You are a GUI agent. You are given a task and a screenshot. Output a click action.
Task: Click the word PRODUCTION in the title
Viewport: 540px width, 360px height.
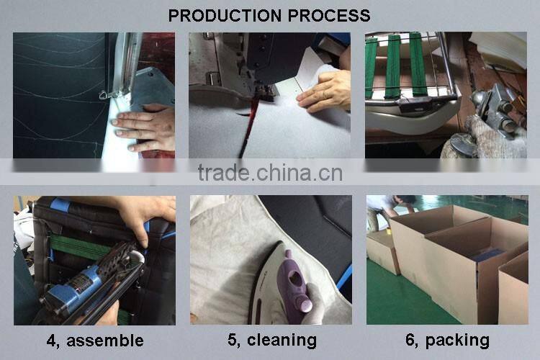click(225, 16)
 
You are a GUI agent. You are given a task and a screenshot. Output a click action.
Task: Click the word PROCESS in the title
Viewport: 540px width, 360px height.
click(329, 16)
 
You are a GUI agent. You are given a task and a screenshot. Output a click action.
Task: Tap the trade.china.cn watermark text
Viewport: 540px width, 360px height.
click(270, 173)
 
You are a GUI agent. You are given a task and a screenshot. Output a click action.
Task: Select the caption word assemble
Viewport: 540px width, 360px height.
click(105, 341)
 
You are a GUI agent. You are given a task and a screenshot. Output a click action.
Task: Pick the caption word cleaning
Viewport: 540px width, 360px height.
click(282, 341)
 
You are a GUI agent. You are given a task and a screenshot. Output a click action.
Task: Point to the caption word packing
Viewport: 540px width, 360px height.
click(457, 341)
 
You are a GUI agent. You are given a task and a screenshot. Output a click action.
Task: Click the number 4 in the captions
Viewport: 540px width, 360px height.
click(52, 341)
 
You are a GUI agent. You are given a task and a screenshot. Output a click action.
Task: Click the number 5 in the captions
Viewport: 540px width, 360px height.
click(233, 341)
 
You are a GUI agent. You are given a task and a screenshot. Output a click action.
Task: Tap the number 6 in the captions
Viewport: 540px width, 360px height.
click(411, 341)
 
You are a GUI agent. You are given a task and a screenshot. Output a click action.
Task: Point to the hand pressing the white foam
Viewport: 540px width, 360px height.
click(145, 128)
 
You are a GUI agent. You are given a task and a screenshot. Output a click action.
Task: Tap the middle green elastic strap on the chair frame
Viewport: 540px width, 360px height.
click(392, 66)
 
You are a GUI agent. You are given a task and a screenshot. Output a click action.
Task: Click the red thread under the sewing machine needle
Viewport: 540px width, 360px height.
click(251, 124)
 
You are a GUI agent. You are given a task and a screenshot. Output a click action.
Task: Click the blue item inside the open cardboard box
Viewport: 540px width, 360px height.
click(485, 256)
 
